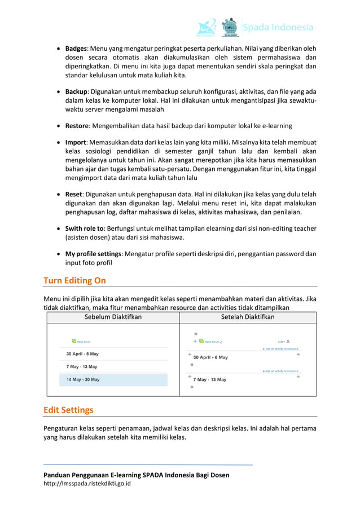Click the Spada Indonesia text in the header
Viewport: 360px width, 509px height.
pos(278,27)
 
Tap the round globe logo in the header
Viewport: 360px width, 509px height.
pos(230,27)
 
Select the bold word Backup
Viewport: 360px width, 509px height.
pos(76,91)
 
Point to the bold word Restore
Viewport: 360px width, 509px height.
pos(77,125)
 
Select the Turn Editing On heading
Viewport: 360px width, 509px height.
pos(74,280)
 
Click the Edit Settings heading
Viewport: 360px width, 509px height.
pos(68,410)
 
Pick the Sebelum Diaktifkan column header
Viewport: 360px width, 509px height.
pos(113,317)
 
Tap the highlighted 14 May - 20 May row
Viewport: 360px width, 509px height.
pos(83,380)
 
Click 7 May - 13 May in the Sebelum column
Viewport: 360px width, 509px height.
pos(82,367)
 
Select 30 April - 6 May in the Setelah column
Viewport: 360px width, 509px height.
pos(210,357)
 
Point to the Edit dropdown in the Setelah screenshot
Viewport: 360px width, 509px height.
pos(282,341)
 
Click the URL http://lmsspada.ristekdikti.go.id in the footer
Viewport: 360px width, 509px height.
pos(87,484)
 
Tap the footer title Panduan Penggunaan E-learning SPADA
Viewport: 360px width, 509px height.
pos(137,475)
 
